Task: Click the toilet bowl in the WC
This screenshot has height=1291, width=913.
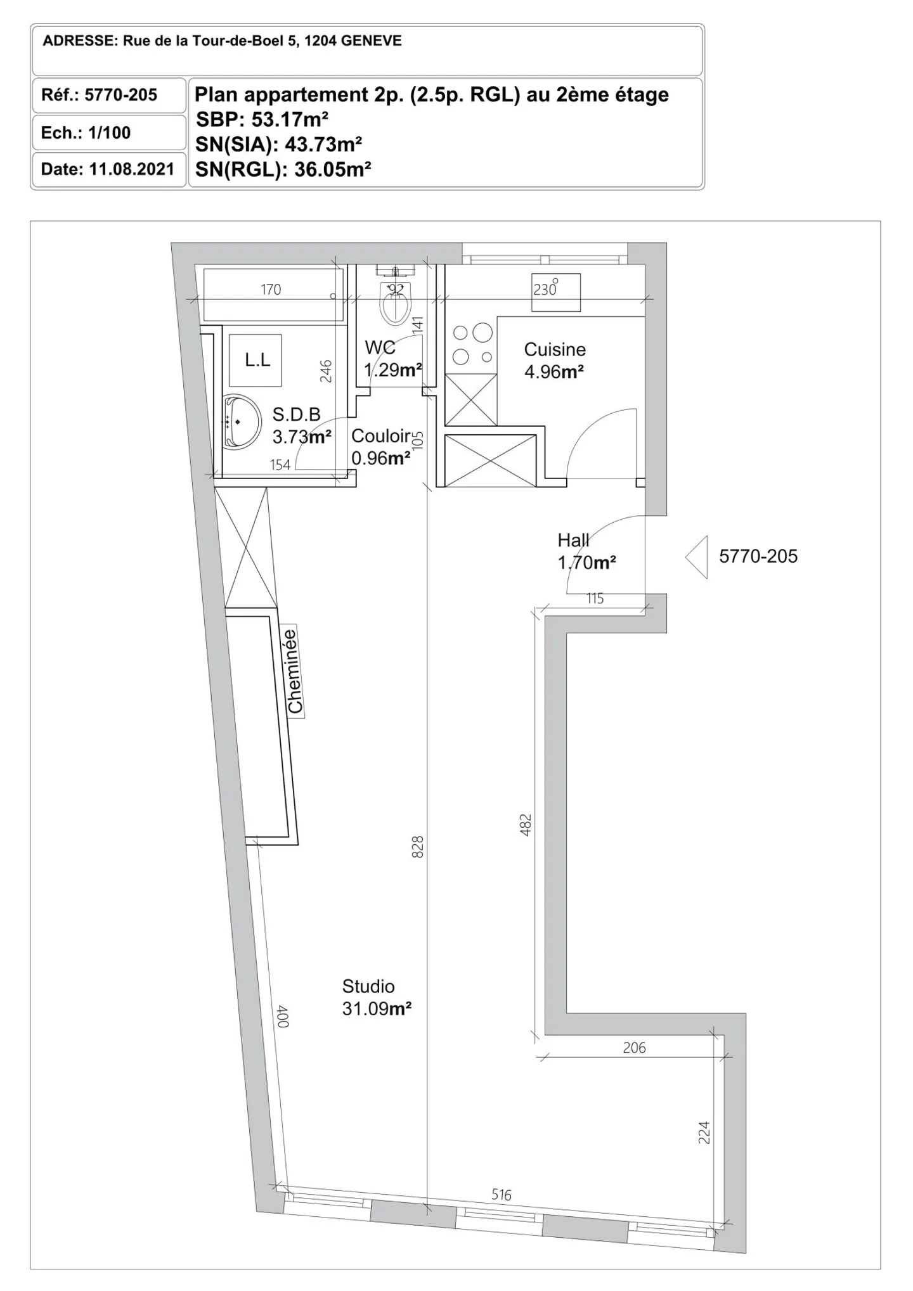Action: pos(396,303)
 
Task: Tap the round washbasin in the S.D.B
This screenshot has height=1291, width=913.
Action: pos(242,421)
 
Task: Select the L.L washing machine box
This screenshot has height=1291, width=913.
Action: pos(256,361)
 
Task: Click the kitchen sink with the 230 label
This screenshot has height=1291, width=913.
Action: pos(555,293)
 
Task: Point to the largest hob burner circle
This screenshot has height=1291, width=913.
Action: pos(482,333)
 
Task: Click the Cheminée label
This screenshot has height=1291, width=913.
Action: pos(293,671)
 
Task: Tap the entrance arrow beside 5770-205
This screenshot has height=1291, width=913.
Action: pos(697,557)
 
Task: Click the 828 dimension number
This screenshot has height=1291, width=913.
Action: pos(417,847)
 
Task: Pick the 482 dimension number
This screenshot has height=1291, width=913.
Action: pos(525,825)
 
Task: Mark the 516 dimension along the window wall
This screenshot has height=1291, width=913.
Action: pos(501,1195)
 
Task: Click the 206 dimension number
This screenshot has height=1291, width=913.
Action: pos(634,1048)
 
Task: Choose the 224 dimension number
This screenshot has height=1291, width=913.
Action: pos(704,1133)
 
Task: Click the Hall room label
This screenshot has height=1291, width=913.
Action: pos(573,540)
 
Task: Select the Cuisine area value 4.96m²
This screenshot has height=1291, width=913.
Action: pos(554,371)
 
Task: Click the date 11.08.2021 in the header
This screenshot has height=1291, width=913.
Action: pos(131,170)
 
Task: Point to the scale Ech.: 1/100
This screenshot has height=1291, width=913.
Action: pos(86,133)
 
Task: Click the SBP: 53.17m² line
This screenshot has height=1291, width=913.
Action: pos(262,119)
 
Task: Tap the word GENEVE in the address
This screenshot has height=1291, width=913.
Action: pos(371,41)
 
